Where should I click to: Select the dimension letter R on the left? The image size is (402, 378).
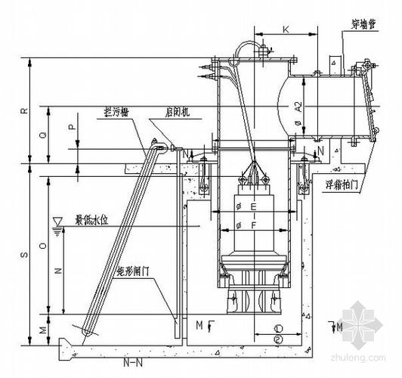[24, 110]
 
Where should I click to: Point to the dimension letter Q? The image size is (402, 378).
[44, 134]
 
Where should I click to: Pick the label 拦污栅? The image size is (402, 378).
[119, 111]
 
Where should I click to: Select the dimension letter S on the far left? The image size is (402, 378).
[23, 256]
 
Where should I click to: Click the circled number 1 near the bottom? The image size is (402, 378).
[278, 329]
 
